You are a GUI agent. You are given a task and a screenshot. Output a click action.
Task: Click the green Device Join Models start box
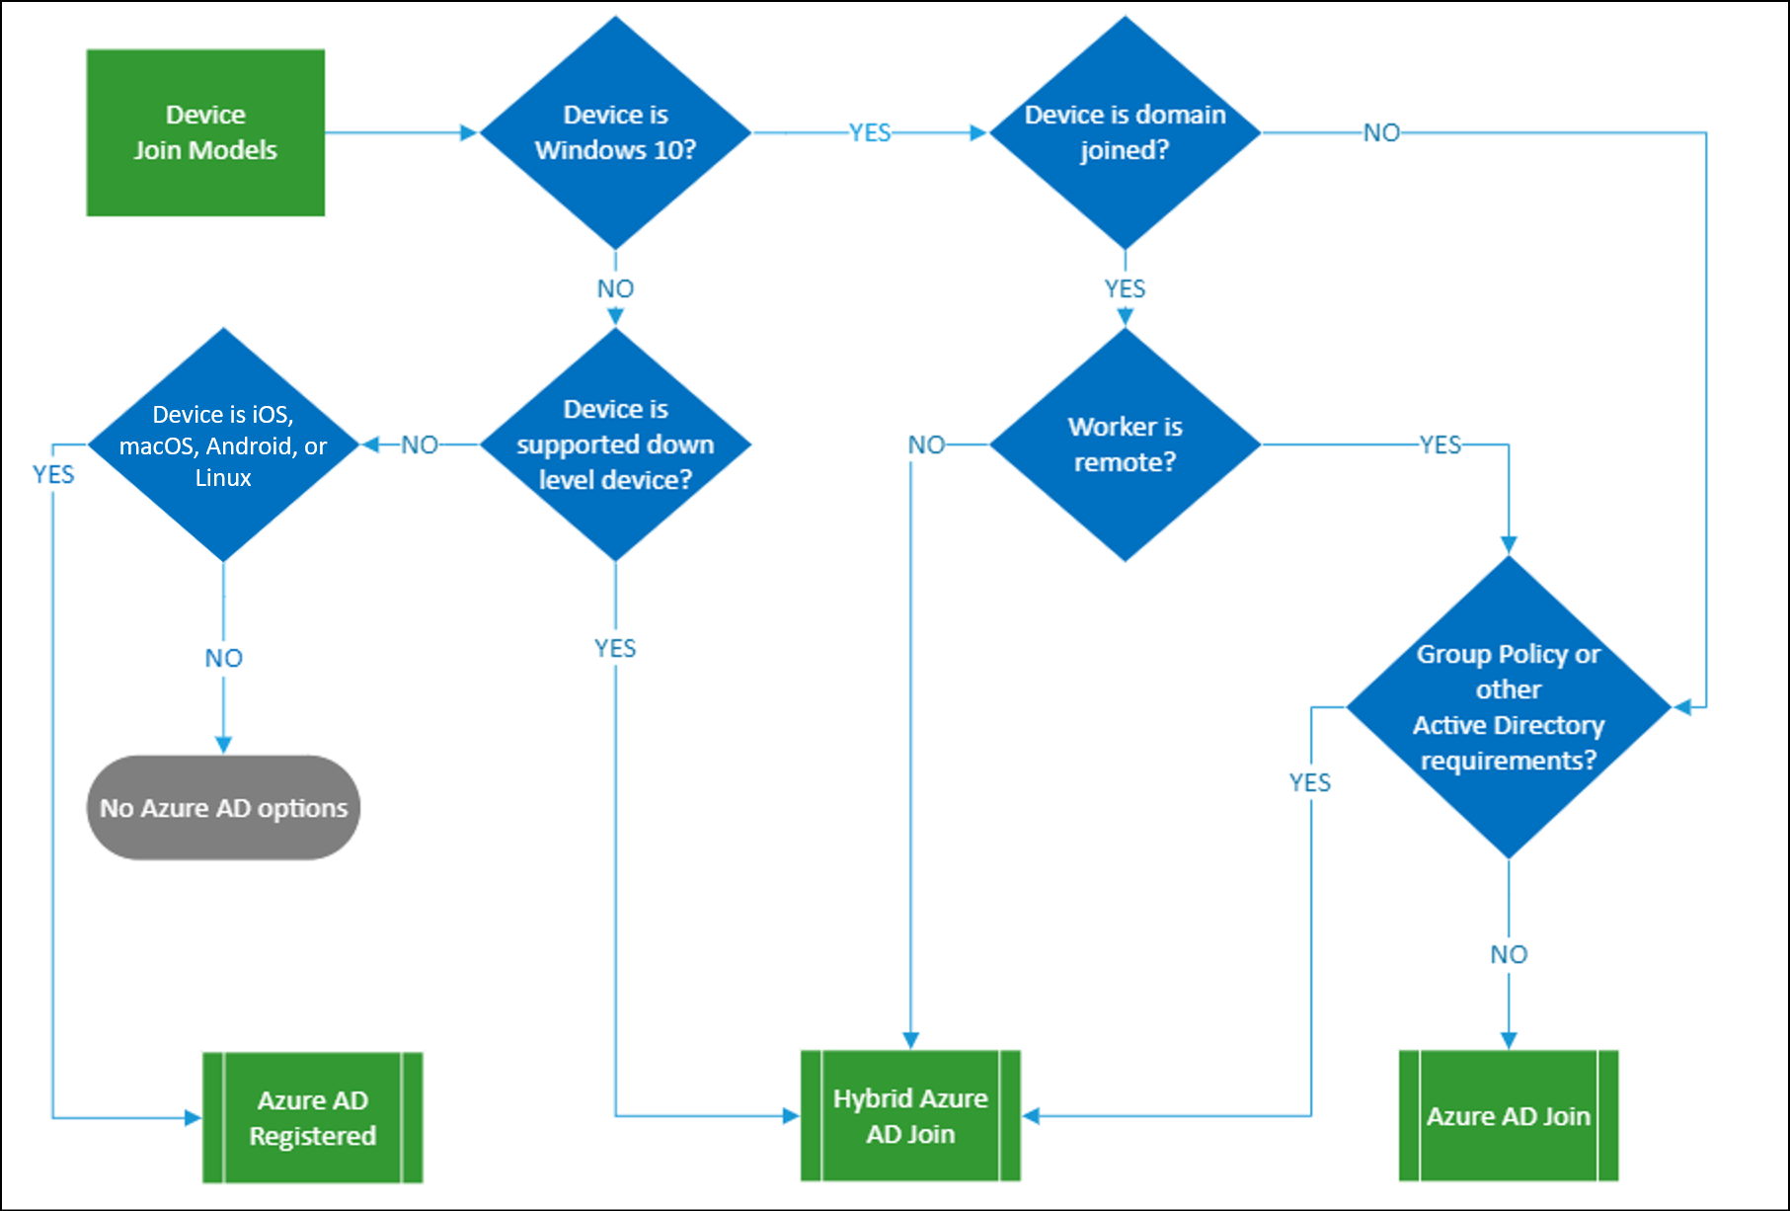tap(205, 132)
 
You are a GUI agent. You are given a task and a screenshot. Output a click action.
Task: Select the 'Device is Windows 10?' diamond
tap(615, 132)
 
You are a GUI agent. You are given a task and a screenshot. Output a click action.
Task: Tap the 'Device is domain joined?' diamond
tap(1125, 132)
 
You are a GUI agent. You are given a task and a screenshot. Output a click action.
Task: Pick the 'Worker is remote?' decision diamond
tap(1125, 444)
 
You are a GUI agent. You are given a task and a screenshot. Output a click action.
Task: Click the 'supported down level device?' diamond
tap(615, 444)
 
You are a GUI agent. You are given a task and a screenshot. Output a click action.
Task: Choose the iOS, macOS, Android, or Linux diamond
tap(223, 444)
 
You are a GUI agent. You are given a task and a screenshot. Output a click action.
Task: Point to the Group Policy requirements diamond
tap(1508, 707)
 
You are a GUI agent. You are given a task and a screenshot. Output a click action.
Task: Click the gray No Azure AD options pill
tap(223, 808)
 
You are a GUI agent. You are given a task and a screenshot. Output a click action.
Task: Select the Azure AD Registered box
tap(312, 1117)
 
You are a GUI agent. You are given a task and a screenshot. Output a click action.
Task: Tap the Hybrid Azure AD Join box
tap(910, 1116)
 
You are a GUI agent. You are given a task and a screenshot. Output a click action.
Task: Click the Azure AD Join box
tap(1508, 1116)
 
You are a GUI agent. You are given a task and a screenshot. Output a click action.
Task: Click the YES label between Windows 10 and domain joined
tap(870, 132)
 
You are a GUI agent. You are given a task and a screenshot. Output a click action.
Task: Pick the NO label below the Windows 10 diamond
tap(615, 288)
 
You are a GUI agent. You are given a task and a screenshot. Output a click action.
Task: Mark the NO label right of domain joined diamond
tap(1381, 132)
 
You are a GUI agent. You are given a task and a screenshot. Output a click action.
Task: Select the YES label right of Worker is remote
tap(1440, 444)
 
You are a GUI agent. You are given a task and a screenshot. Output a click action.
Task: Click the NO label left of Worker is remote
tap(926, 444)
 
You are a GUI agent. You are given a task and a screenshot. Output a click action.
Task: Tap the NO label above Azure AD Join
tap(1508, 954)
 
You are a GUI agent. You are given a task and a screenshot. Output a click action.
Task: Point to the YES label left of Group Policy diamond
tap(1310, 782)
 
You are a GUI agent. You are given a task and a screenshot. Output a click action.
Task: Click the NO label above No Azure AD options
tap(223, 658)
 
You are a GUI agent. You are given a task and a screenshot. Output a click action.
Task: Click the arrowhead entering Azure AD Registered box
tap(194, 1118)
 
